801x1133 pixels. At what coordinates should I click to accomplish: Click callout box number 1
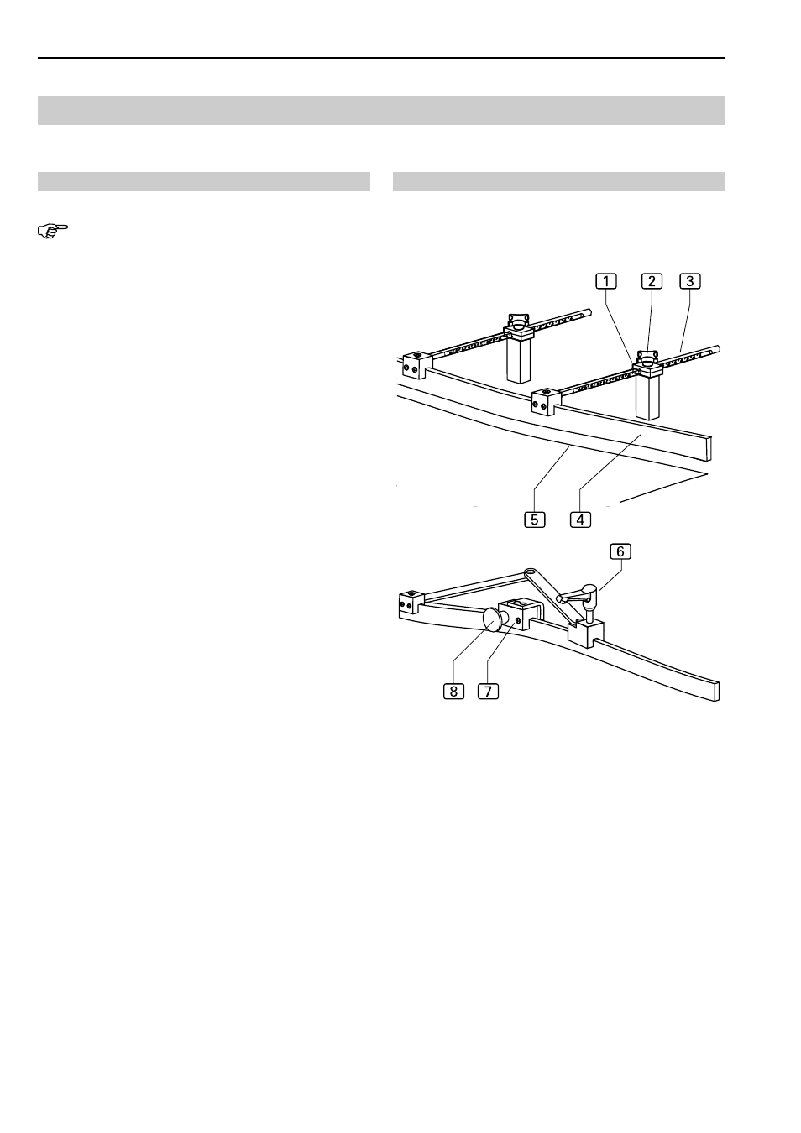click(605, 280)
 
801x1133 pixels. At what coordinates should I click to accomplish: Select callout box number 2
click(652, 280)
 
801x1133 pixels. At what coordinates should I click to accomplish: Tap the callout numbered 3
click(690, 280)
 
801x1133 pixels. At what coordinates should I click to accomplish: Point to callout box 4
click(580, 520)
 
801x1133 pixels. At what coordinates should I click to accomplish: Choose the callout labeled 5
click(535, 520)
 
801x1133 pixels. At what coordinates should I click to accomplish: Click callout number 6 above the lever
click(620, 551)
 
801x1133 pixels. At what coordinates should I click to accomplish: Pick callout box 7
click(489, 691)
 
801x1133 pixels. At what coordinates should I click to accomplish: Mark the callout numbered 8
click(454, 691)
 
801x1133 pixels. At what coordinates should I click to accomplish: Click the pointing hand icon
click(53, 231)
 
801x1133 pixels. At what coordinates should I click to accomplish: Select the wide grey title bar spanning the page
click(381, 110)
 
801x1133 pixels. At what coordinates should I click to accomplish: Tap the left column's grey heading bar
click(204, 181)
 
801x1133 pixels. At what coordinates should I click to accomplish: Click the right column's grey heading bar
click(558, 181)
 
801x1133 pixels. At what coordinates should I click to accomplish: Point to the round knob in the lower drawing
click(491, 619)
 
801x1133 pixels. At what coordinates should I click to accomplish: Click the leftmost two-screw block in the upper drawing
click(417, 365)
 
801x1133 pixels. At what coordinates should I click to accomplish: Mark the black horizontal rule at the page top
click(381, 58)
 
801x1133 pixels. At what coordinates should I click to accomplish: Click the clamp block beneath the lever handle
click(586, 634)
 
